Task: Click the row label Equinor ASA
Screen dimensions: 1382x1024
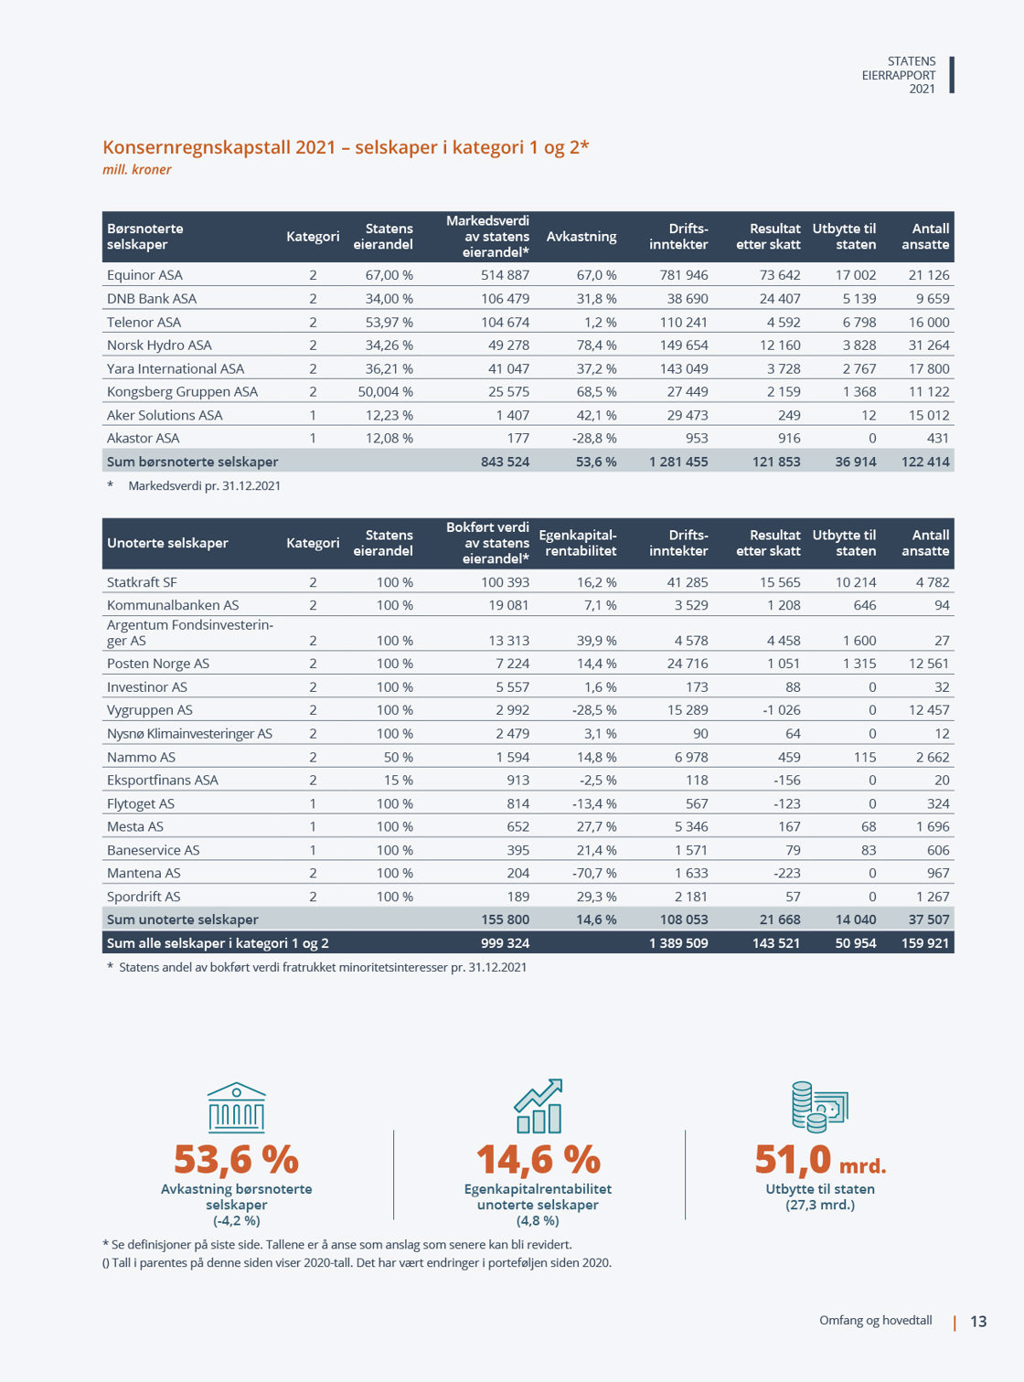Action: pos(144,275)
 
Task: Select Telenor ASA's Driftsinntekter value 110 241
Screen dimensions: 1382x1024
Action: pos(683,322)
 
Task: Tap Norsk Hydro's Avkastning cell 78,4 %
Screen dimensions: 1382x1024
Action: pos(596,345)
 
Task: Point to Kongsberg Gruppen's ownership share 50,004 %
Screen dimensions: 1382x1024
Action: pos(385,391)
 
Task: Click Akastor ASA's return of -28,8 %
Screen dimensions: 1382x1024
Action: pos(594,438)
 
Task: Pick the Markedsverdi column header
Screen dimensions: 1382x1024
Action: pos(487,237)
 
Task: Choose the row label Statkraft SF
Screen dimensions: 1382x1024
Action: pos(142,582)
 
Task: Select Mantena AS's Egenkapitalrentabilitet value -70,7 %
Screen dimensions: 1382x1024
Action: pos(594,873)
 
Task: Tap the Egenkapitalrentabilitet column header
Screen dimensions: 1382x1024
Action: pos(578,543)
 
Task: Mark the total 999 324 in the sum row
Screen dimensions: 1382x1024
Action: pos(505,943)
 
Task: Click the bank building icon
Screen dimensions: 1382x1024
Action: pos(237,1108)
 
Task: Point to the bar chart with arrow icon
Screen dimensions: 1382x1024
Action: pos(539,1106)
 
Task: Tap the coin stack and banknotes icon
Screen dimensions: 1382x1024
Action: pos(819,1107)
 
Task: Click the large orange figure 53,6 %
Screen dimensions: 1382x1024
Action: pos(237,1159)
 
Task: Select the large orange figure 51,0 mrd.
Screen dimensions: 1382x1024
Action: pos(820,1160)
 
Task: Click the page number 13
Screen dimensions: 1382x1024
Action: pos(978,1322)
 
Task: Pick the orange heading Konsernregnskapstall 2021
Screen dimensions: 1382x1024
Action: pos(346,147)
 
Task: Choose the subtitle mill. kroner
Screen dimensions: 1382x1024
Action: pos(137,169)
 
